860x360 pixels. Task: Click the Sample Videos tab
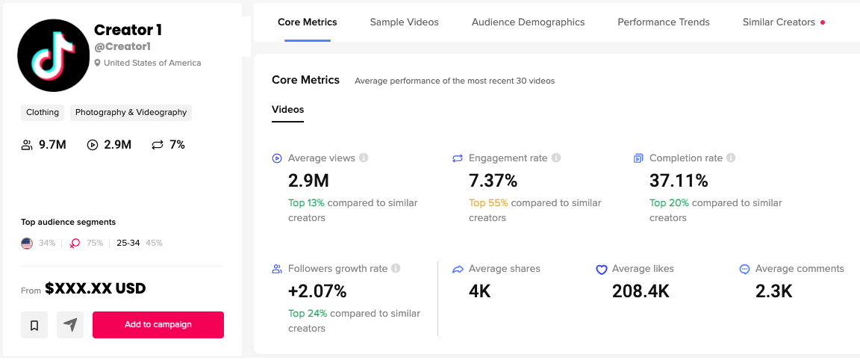pos(404,22)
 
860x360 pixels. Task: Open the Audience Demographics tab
pos(528,22)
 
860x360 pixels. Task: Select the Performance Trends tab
pos(663,22)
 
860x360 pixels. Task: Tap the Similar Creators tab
pos(779,22)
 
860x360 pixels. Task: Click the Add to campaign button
pos(158,325)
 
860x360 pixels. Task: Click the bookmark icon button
pos(34,325)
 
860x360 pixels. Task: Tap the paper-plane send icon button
pos(70,325)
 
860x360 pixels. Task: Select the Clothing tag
pos(43,113)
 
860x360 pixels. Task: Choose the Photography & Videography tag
pos(131,113)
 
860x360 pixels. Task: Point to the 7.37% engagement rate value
pos(493,181)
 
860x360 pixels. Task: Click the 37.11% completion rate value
pos(679,181)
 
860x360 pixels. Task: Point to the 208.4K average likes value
pos(641,291)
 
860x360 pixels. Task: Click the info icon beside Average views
pos(364,158)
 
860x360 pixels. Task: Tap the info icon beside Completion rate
pos(731,158)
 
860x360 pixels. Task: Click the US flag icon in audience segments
pos(27,243)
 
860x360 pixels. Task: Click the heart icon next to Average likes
pos(601,270)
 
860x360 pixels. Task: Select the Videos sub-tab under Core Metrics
pos(287,110)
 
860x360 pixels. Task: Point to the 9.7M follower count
pos(52,145)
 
